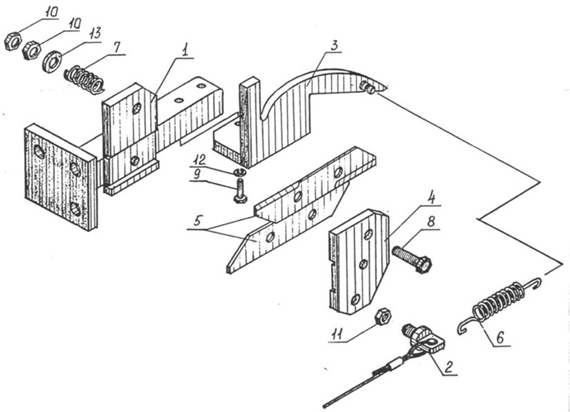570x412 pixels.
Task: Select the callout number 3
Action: pos(334,45)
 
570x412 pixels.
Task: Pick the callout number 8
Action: pos(431,222)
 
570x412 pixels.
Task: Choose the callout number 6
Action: pos(500,338)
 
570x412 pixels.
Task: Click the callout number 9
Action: pos(197,174)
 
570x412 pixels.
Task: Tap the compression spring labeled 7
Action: pos(84,79)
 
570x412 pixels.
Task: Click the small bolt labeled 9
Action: pos(240,190)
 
